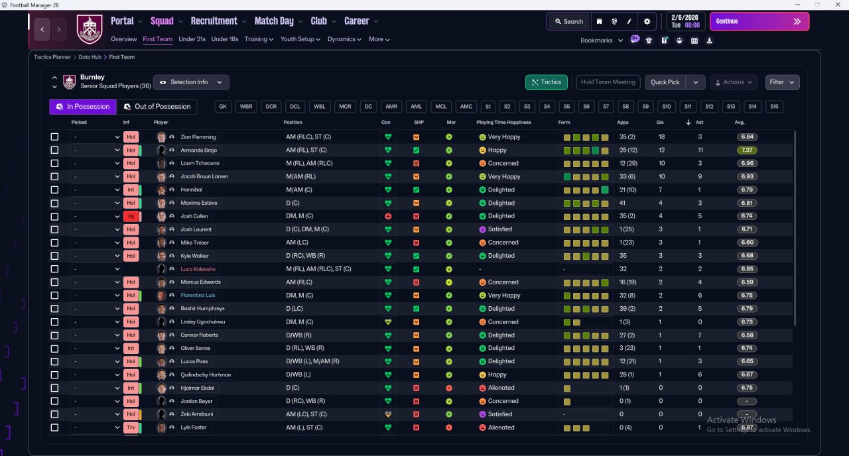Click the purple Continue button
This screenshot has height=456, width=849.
pos(759,21)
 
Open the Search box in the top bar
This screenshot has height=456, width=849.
pos(569,22)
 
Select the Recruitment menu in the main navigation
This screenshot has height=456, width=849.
pos(214,21)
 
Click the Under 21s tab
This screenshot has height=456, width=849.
pos(192,39)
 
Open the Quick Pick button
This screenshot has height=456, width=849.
pos(665,82)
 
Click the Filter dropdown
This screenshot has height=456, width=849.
pos(782,82)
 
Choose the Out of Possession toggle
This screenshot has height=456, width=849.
pos(157,107)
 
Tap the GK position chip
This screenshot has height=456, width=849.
pos(223,107)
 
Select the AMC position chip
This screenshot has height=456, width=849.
pos(466,107)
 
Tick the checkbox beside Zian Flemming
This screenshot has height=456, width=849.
pos(54,137)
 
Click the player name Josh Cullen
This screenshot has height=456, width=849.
pos(194,216)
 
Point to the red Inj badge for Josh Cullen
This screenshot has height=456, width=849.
pos(131,216)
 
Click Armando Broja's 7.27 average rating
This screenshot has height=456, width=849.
pos(747,150)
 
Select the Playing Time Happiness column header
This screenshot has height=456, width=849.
pos(503,123)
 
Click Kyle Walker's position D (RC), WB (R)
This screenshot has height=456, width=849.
pos(306,256)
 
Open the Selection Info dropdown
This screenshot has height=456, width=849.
pos(191,82)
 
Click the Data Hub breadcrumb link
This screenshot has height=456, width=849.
pos(90,57)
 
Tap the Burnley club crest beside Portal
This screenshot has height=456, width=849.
pos(90,28)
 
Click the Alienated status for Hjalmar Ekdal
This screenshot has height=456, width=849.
pos(501,388)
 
